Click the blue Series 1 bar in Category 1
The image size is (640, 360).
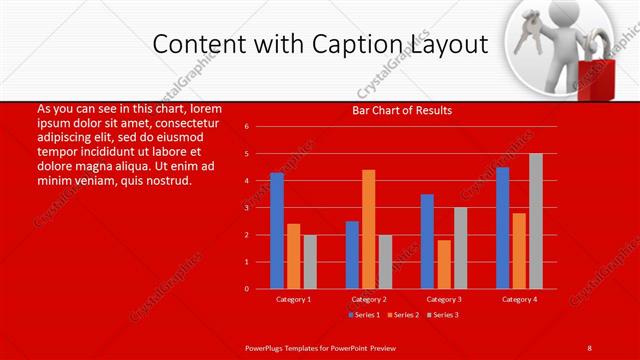277,231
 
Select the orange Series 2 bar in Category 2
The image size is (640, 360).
369,229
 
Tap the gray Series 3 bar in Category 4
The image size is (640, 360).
536,221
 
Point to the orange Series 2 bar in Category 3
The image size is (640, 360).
444,264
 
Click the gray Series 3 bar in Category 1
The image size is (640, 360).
310,261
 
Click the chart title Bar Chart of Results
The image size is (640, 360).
402,110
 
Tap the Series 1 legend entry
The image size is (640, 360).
363,315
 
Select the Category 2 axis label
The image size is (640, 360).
369,299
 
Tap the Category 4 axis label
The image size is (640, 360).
519,299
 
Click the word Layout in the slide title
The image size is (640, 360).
451,45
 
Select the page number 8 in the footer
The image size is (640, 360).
589,347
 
